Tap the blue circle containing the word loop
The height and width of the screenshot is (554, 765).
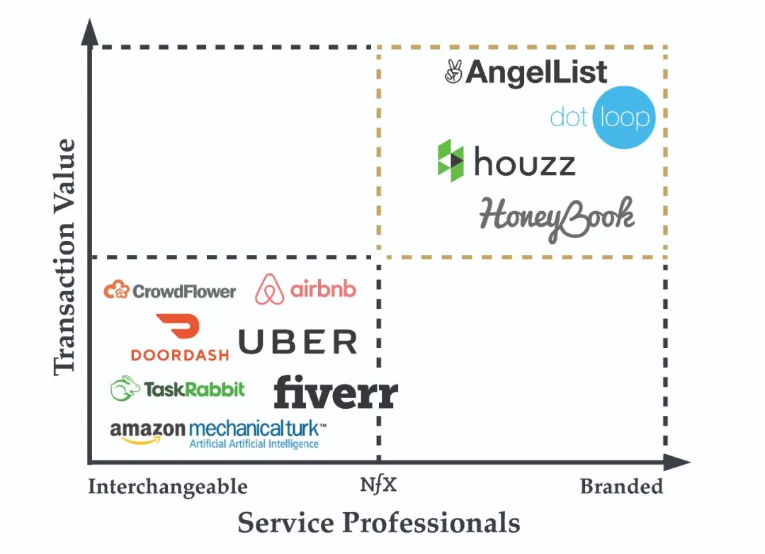623,118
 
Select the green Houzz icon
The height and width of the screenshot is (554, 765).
450,161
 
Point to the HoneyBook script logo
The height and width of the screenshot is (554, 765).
557,217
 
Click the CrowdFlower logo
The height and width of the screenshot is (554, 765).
170,290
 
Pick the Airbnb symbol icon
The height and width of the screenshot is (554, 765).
270,289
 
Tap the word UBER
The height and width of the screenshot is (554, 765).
297,342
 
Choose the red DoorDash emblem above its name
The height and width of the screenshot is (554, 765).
178,329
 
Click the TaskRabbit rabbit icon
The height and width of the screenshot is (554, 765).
125,388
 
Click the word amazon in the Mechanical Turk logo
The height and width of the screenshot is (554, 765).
147,429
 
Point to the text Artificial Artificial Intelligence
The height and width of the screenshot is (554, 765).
254,444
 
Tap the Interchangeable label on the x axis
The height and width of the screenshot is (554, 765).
168,487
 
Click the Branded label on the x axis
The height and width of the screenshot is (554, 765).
621,487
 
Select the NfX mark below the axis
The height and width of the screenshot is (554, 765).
379,486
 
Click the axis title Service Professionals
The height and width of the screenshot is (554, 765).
379,523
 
